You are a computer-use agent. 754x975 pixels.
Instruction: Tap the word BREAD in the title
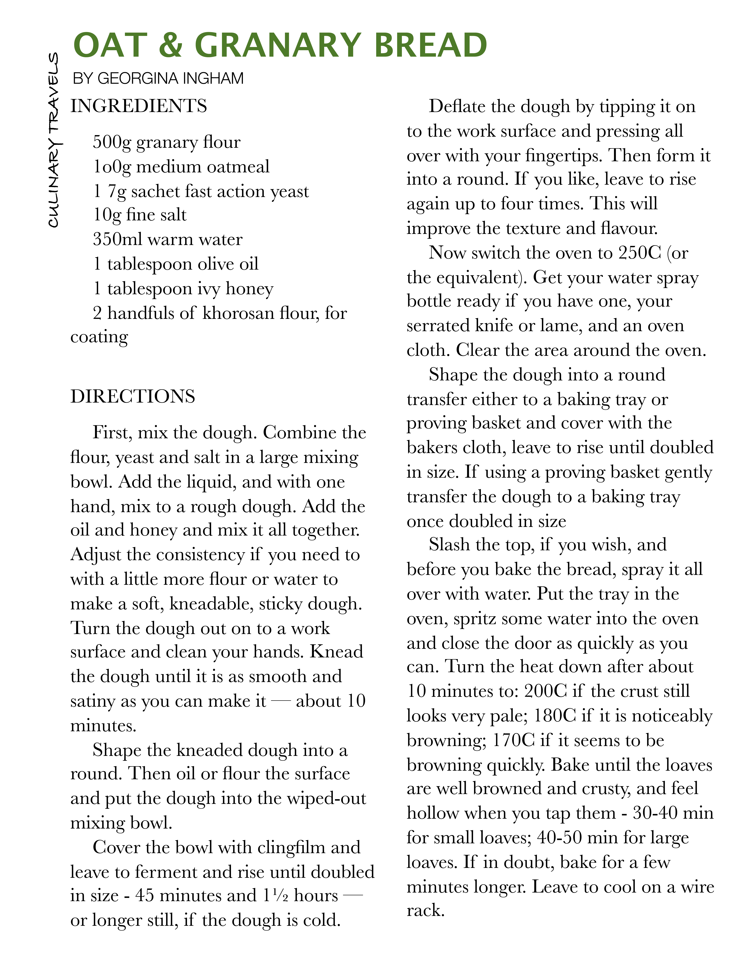[430, 45]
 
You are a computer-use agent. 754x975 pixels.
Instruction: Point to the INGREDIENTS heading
[138, 106]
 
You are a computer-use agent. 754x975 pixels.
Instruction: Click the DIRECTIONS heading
[133, 396]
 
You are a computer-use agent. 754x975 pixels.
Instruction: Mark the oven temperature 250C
[639, 253]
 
